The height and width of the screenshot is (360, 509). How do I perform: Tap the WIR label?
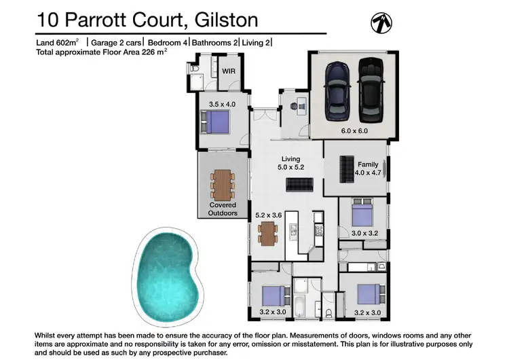click(228, 71)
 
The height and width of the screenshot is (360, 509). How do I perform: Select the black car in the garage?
click(371, 88)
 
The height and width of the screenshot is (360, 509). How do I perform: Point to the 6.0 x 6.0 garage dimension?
click(353, 130)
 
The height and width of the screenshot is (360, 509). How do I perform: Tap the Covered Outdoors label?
click(223, 209)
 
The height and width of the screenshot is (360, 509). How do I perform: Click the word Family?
click(369, 164)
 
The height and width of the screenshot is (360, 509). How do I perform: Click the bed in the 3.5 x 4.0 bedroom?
click(216, 124)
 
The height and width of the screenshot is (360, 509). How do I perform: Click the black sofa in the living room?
click(299, 185)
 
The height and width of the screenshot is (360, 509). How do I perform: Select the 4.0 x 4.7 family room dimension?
click(369, 173)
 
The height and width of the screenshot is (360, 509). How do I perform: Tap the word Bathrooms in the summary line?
click(212, 43)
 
